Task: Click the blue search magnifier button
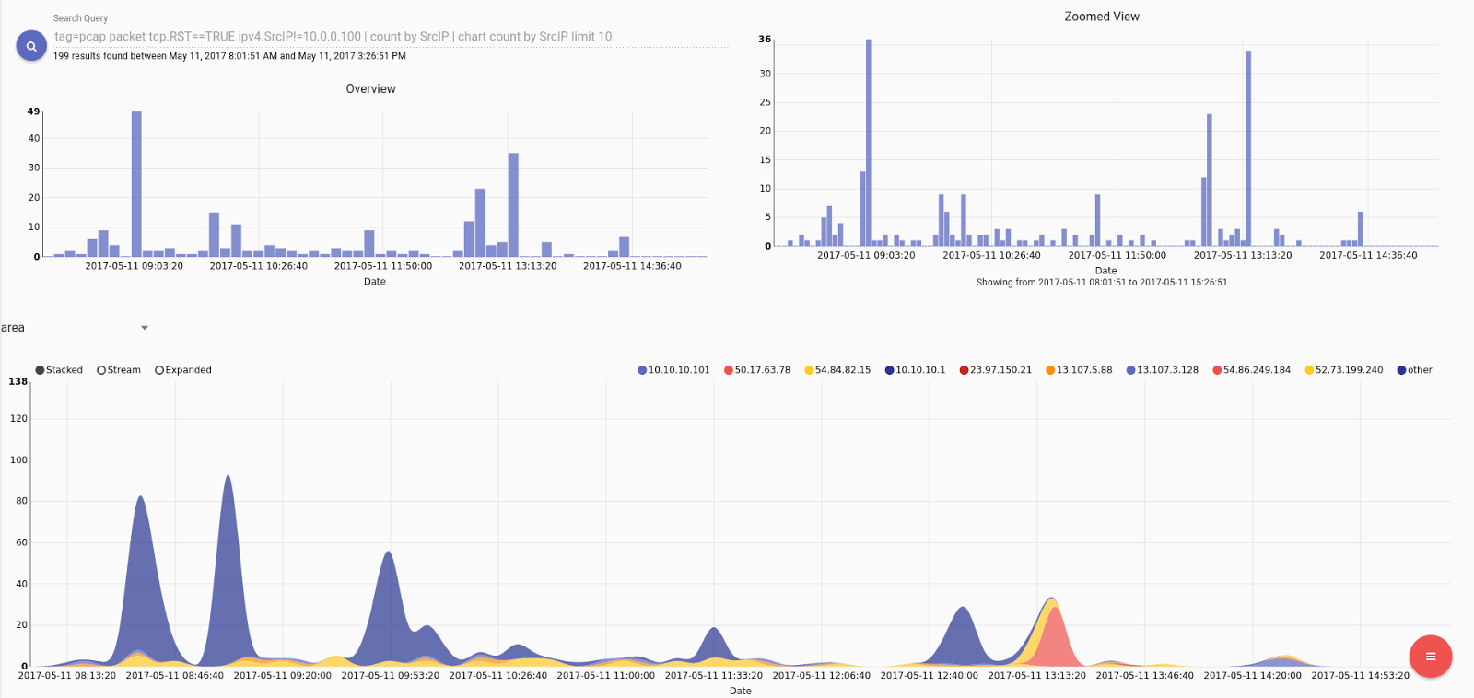coord(31,45)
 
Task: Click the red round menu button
coord(1430,657)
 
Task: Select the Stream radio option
coord(101,370)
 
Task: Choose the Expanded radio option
coord(159,370)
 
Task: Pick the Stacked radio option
coord(41,370)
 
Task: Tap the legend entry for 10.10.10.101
coord(673,370)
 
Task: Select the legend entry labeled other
coord(1414,370)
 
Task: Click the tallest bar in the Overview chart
coord(136,184)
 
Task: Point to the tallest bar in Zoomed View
coord(868,143)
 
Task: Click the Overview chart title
coord(370,89)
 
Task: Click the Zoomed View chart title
coord(1101,17)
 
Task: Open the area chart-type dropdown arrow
coord(145,328)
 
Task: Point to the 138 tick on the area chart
coord(18,381)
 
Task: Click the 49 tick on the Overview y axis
coord(33,111)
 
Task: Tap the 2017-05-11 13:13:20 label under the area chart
coord(1036,676)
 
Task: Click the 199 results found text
coord(229,56)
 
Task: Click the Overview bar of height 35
coord(513,204)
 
